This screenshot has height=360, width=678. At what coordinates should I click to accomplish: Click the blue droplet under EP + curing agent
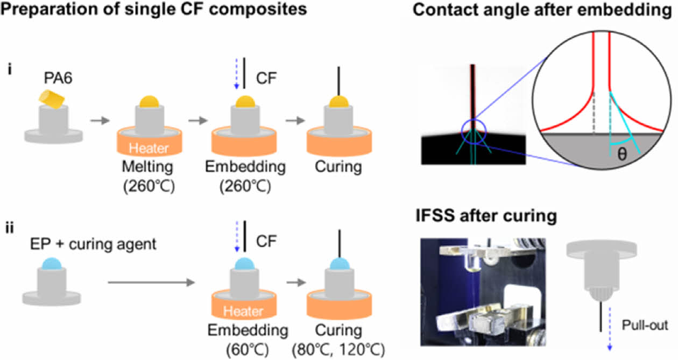[x=48, y=265]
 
